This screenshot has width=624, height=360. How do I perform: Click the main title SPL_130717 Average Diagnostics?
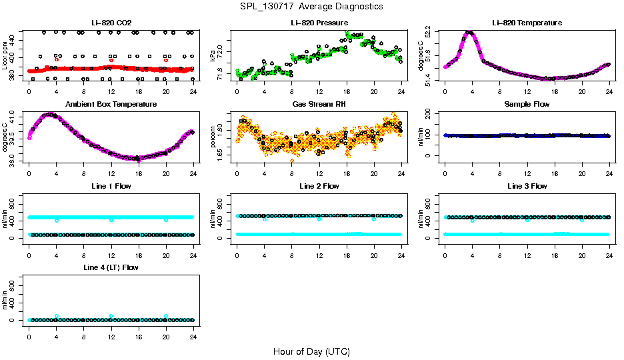pos(312,6)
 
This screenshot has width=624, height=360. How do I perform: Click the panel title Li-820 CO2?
pos(111,23)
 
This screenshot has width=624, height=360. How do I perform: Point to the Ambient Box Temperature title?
pos(111,105)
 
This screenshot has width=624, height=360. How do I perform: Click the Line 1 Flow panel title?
pos(111,186)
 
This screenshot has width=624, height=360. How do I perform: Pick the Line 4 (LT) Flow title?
pos(111,267)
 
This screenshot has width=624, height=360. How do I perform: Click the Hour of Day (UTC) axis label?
pos(311,351)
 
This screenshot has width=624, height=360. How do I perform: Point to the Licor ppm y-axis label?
pos(5,55)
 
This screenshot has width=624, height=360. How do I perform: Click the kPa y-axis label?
pos(213,55)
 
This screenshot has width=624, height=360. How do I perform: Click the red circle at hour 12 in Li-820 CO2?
pos(111,60)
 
